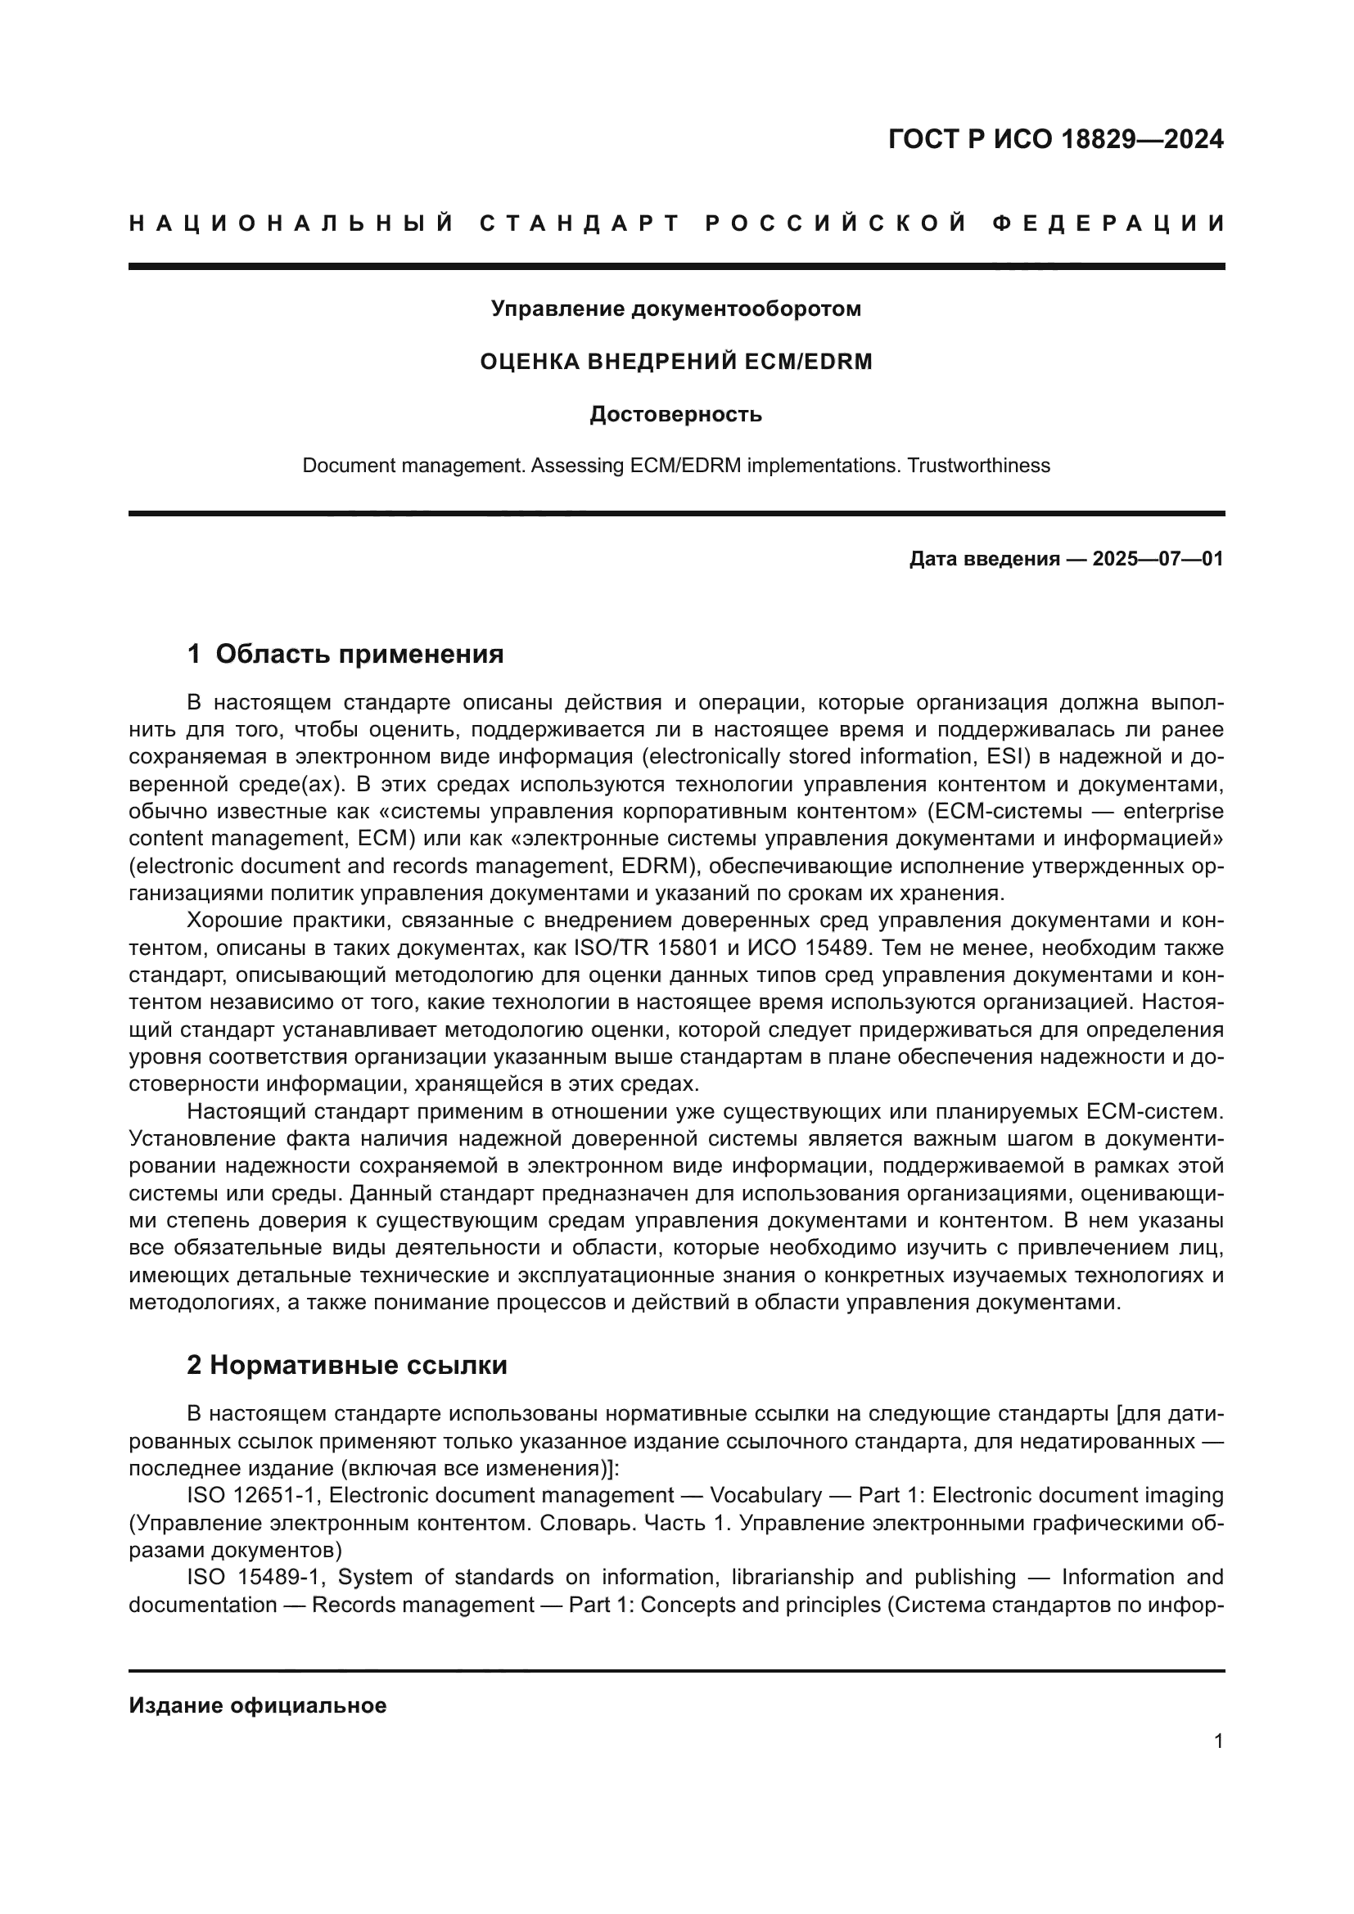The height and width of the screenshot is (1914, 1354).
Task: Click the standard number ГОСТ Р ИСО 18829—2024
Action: (1055, 139)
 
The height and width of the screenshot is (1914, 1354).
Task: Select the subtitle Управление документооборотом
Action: (675, 309)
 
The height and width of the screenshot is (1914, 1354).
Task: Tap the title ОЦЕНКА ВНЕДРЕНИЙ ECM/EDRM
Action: (675, 362)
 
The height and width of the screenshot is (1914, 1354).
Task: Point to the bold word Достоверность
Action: (675, 414)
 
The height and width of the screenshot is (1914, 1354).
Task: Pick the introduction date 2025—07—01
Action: (1158, 559)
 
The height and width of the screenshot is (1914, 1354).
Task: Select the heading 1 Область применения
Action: (345, 654)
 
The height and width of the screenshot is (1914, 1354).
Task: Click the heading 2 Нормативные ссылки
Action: (347, 1366)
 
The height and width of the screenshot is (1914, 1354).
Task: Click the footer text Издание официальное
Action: (258, 1705)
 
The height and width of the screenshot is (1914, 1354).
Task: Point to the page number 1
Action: (1218, 1741)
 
